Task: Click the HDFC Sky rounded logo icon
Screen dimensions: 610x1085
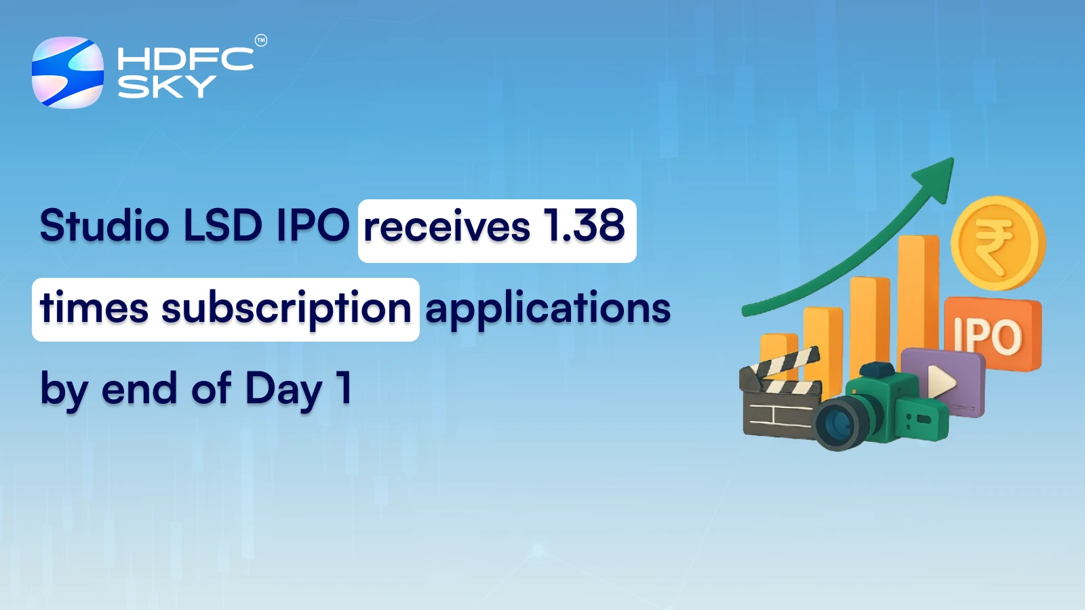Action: pyautogui.click(x=68, y=73)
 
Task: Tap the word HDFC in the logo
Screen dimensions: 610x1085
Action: pyautogui.click(x=185, y=60)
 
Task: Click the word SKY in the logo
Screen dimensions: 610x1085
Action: pyautogui.click(x=167, y=87)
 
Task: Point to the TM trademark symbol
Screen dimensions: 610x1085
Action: pyautogui.click(x=261, y=41)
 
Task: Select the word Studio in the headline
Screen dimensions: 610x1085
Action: pyautogui.click(x=104, y=226)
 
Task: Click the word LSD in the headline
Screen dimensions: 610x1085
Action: pyautogui.click(x=223, y=226)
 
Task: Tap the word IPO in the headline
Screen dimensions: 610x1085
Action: pyautogui.click(x=313, y=226)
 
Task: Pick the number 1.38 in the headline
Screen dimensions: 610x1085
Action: pyautogui.click(x=585, y=226)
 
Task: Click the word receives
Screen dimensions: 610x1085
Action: pyautogui.click(x=447, y=228)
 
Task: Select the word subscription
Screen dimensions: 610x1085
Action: pyautogui.click(x=286, y=309)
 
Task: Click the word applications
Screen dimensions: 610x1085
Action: pyautogui.click(x=548, y=309)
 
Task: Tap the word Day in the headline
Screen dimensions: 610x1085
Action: pyautogui.click(x=283, y=390)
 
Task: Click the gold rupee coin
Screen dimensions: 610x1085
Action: pyautogui.click(x=997, y=243)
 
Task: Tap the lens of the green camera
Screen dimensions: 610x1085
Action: pyautogui.click(x=840, y=424)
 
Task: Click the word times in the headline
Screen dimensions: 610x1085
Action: pyautogui.click(x=94, y=309)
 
